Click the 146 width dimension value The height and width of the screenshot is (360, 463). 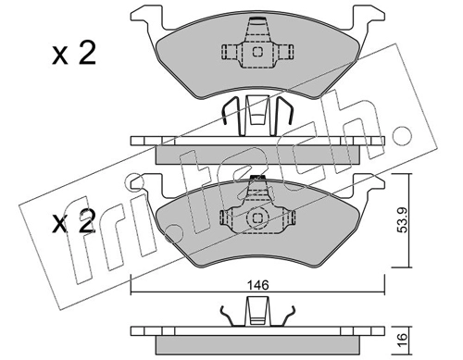click(x=258, y=285)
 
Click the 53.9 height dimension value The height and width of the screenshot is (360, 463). click(x=403, y=220)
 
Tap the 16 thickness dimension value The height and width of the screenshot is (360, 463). click(x=403, y=340)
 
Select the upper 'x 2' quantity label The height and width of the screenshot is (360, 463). click(x=74, y=54)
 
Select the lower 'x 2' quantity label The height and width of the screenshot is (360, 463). click(x=73, y=221)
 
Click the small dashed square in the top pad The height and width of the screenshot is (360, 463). click(x=257, y=52)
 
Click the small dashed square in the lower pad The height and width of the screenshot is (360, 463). click(x=257, y=218)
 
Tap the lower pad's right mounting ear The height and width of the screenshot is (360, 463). click(x=369, y=187)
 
